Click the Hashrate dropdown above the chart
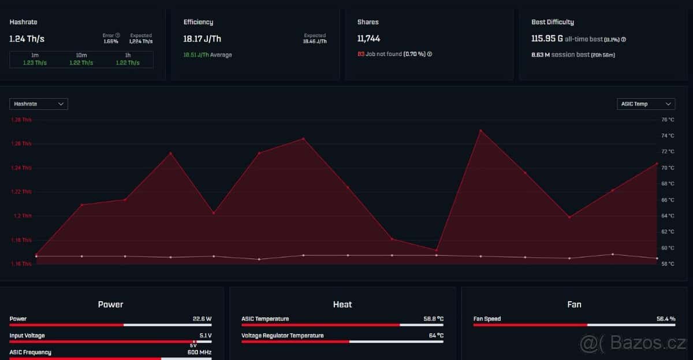point(39,104)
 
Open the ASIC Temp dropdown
point(646,104)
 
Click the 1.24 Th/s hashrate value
point(27,39)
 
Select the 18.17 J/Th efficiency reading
point(202,39)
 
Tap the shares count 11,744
point(368,39)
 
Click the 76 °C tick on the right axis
point(667,120)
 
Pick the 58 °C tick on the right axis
point(667,263)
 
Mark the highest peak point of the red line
point(480,130)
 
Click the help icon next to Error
point(117,35)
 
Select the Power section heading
point(110,305)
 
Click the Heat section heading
point(342,305)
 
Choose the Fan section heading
point(574,305)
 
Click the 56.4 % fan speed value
point(665,319)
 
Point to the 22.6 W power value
point(202,319)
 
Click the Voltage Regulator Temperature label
point(282,336)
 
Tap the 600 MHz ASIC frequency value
point(200,352)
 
